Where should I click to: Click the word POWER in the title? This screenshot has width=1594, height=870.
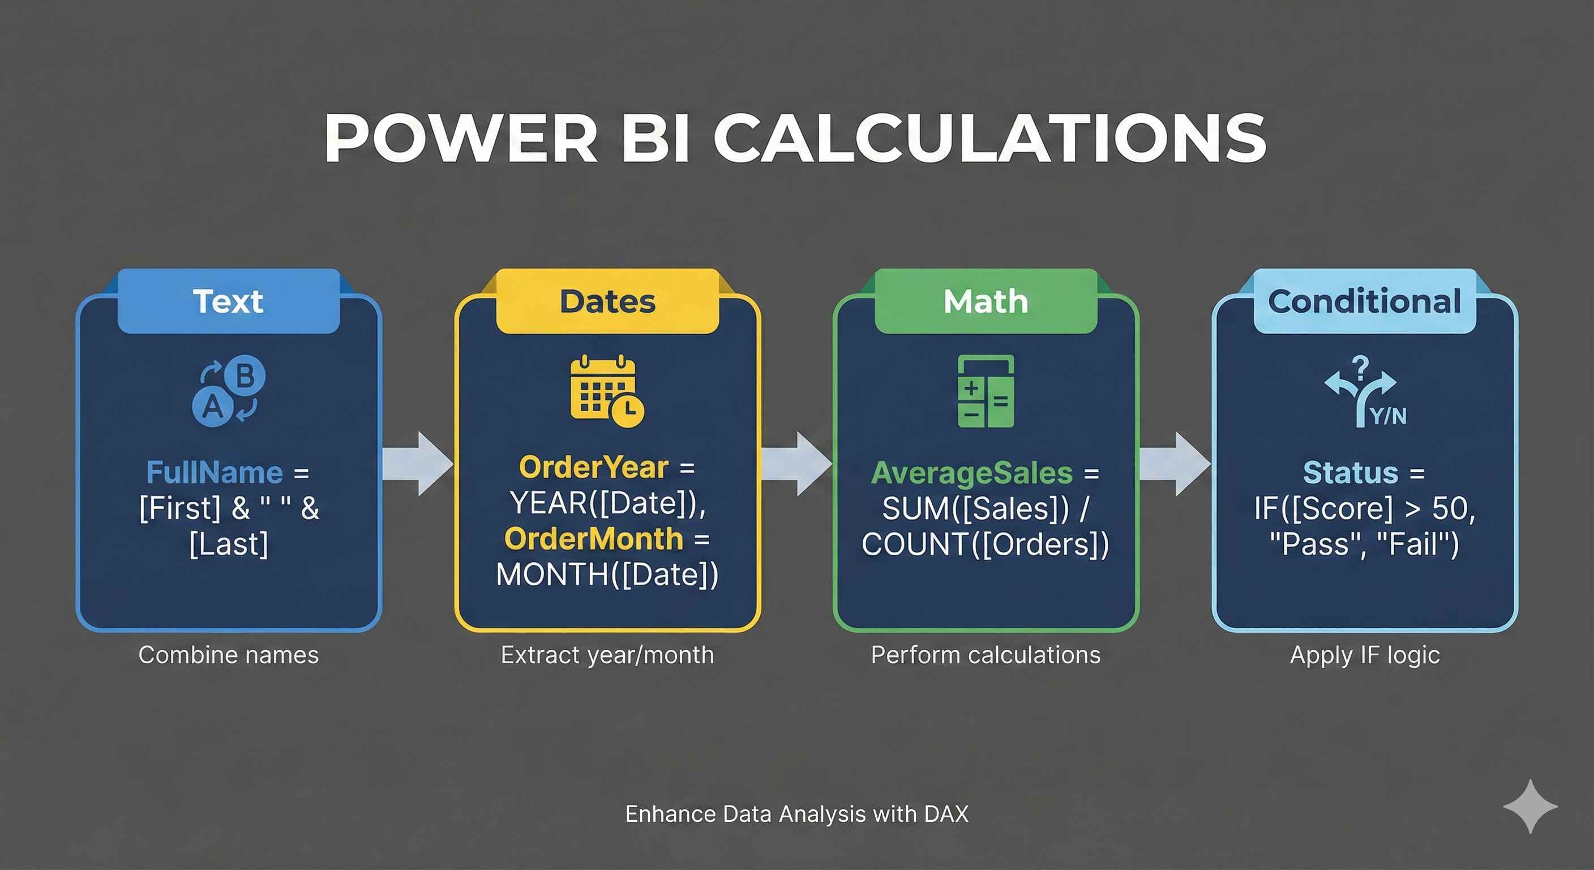[x=460, y=138]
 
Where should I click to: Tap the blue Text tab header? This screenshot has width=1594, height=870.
[x=229, y=301]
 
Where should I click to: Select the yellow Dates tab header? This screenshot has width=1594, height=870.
[x=607, y=301]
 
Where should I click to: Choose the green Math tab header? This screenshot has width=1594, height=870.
[x=985, y=301]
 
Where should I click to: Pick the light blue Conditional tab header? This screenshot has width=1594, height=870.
[x=1364, y=301]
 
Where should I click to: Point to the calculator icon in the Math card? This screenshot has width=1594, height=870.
[x=985, y=391]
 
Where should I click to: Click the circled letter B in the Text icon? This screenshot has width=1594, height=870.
[x=245, y=376]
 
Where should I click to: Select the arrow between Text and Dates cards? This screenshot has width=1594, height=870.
[x=418, y=463]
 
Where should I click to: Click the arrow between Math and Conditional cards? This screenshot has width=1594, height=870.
[x=1175, y=463]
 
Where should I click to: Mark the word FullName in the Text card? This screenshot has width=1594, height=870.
[x=215, y=472]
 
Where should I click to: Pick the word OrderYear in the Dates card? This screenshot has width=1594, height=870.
[x=593, y=467]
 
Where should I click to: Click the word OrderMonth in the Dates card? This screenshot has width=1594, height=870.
[x=593, y=539]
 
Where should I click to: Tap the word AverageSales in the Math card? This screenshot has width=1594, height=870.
[x=971, y=474]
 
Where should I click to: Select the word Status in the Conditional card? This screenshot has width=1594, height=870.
[x=1351, y=473]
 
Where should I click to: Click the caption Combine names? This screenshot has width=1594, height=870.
[x=228, y=655]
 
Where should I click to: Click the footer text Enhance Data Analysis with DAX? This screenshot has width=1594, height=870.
[x=797, y=814]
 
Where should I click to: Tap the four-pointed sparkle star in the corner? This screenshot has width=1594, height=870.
[x=1530, y=806]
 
